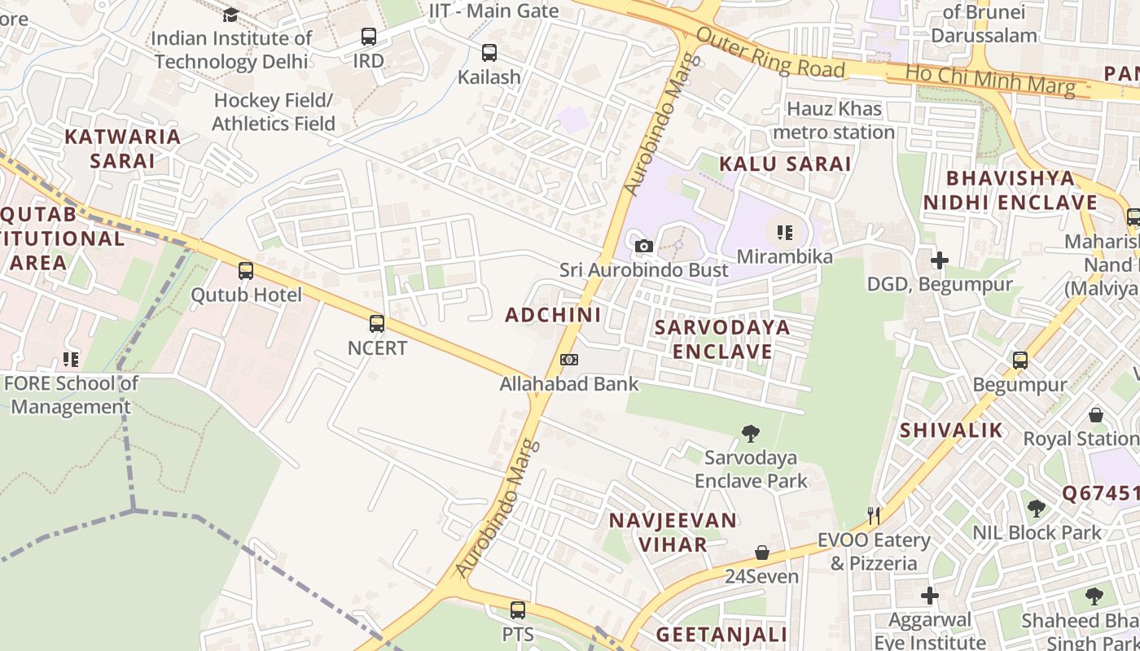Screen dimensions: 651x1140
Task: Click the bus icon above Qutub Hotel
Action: tap(246, 271)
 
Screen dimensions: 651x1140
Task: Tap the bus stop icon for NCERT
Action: tap(377, 324)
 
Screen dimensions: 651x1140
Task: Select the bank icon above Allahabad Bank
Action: tap(569, 360)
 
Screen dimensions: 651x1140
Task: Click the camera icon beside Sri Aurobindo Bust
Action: tap(643, 246)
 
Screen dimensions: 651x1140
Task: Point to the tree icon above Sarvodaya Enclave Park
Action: tap(751, 434)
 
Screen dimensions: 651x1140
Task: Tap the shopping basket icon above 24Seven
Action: tap(762, 553)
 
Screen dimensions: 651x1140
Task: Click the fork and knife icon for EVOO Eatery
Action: tap(874, 515)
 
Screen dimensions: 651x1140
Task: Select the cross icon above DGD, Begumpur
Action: tap(940, 260)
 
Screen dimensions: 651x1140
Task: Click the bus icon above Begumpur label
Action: tap(1020, 360)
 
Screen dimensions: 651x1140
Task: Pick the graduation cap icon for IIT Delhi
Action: tap(230, 15)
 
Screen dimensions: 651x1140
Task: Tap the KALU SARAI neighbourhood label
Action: tap(785, 164)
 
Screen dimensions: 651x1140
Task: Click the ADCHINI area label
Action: tap(553, 315)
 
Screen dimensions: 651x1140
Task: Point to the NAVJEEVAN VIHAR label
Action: tap(673, 532)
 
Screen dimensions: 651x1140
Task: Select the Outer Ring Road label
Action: tap(770, 55)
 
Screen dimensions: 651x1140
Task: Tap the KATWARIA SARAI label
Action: tap(122, 148)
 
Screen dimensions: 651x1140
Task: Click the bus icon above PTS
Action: tap(518, 609)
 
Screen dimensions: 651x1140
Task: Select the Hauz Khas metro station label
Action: tap(834, 120)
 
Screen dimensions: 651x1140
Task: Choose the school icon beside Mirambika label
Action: tap(785, 234)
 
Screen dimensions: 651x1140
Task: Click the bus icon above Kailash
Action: tap(489, 53)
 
